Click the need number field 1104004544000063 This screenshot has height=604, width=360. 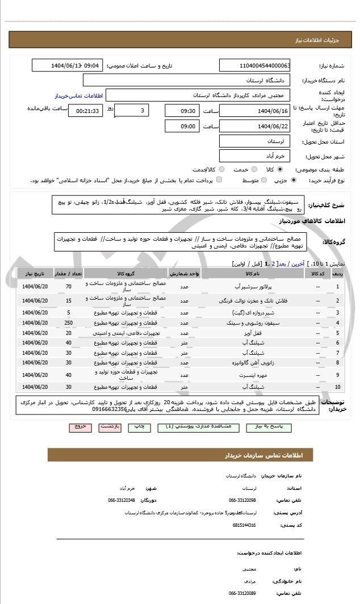click(x=255, y=66)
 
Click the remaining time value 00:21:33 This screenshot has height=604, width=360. click(x=86, y=111)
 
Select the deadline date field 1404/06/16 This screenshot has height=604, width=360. click(x=255, y=111)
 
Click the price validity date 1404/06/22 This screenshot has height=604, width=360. click(x=255, y=126)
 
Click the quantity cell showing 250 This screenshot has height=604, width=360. click(x=69, y=322)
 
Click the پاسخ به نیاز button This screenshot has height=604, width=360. click(x=272, y=426)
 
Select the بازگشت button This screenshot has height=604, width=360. click(x=111, y=426)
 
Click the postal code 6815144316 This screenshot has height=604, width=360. click(x=244, y=525)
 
